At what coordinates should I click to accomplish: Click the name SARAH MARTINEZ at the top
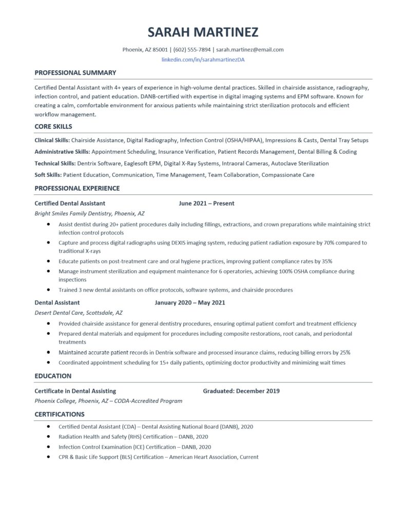click(x=203, y=32)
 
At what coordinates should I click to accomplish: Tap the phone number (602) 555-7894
click(x=192, y=50)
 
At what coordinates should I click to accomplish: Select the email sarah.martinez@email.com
click(x=250, y=50)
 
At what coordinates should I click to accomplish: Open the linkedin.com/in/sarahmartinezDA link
click(x=203, y=60)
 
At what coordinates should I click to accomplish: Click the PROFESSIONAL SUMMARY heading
click(x=75, y=73)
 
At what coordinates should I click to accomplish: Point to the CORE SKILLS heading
click(x=53, y=126)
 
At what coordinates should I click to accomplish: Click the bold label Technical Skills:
click(x=55, y=163)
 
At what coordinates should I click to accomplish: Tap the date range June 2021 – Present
click(x=206, y=203)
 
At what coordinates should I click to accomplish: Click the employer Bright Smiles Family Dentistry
click(x=72, y=213)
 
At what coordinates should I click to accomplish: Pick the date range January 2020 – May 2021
click(x=190, y=302)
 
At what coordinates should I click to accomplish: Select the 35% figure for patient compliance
click(x=327, y=261)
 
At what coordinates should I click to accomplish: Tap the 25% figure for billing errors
click(x=345, y=353)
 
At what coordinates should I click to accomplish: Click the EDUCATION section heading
click(x=53, y=376)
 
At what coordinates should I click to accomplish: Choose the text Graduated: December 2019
click(x=241, y=391)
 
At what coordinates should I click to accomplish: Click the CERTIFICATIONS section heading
click(x=60, y=414)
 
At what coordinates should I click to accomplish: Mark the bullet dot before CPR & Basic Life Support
click(x=48, y=456)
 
